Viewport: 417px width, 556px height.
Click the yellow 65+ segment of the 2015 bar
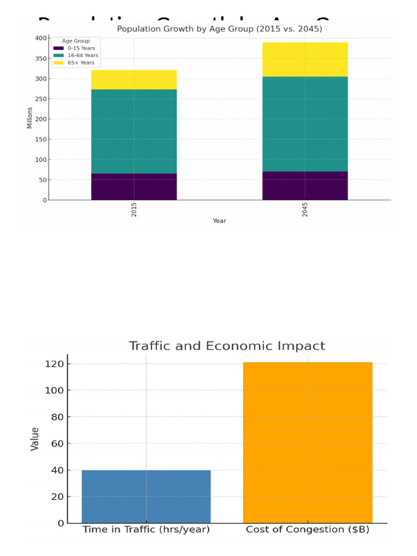[134, 80]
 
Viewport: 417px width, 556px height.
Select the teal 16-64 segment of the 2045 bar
[305, 124]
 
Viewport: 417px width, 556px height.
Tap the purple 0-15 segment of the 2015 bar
[134, 187]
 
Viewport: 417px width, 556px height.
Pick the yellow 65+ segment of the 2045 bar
[305, 60]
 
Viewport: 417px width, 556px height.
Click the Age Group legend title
[76, 41]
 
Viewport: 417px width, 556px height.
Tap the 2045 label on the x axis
[305, 210]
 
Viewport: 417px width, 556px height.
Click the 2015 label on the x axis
[134, 210]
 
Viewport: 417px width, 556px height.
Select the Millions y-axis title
[30, 118]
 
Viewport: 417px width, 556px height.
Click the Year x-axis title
[219, 221]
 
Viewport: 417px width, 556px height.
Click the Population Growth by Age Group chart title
[219, 29]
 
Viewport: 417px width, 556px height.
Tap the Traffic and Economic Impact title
[226, 346]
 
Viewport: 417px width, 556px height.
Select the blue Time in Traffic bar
[146, 496]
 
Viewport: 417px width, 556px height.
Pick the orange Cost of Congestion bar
[307, 443]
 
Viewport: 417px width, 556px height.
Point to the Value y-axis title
[35, 439]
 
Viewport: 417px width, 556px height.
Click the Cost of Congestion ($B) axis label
[307, 529]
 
